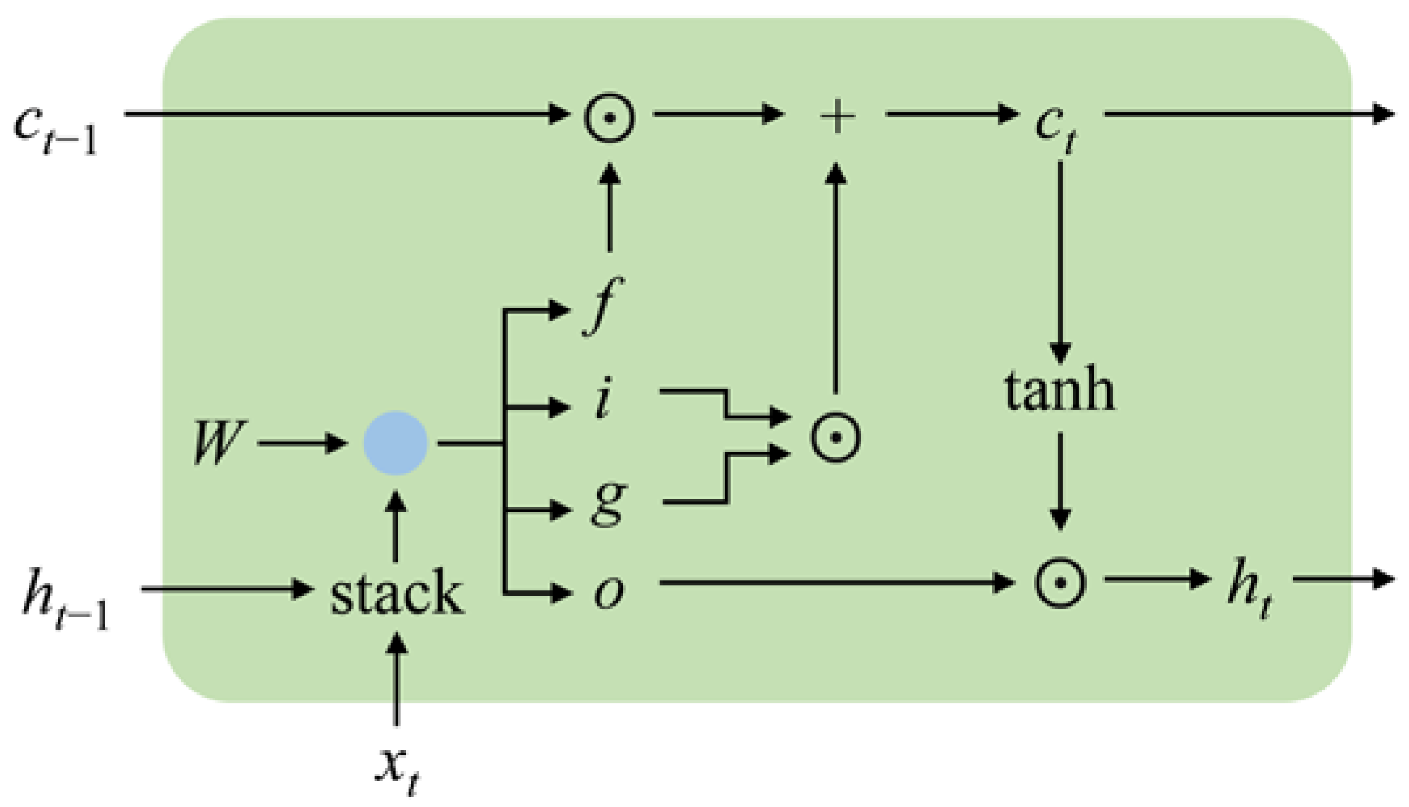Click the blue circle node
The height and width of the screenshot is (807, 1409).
click(396, 443)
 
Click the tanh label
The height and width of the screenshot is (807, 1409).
click(1060, 391)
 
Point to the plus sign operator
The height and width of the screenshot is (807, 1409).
click(837, 116)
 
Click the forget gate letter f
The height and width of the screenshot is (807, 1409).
click(603, 305)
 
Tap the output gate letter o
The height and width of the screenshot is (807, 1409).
click(608, 592)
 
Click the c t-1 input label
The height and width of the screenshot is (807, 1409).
click(56, 128)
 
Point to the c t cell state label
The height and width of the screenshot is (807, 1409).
click(1054, 124)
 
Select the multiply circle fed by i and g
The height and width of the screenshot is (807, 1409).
click(835, 437)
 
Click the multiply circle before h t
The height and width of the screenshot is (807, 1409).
click(1060, 582)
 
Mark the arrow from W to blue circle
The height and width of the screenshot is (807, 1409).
click(301, 443)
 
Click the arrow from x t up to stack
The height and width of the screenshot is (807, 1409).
click(396, 681)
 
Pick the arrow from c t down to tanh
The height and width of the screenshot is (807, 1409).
click(1060, 262)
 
